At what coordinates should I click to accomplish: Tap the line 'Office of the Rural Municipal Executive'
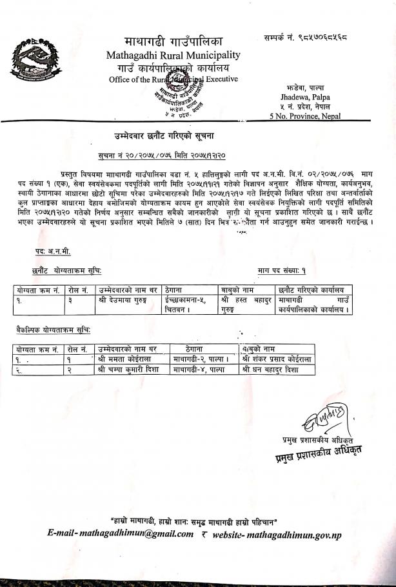(x=173, y=79)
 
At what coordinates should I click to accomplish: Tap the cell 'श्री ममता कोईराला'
(x=126, y=359)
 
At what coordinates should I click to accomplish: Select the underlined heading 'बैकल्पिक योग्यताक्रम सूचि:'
(x=54, y=330)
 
